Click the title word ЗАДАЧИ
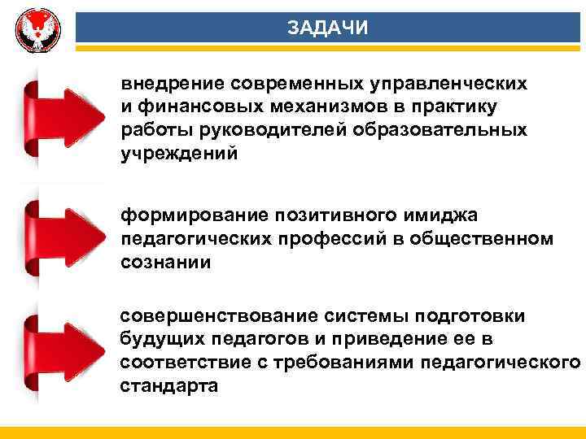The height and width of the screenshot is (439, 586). pos(328,28)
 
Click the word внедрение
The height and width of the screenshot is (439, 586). pos(173,84)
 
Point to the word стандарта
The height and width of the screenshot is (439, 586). pos(169,385)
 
